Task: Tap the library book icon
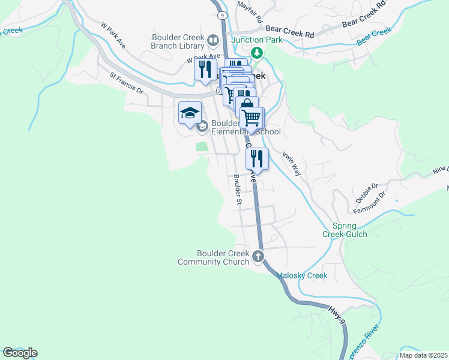pyautogui.click(x=212, y=41)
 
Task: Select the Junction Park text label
pyautogui.click(x=256, y=41)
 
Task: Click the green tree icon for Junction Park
pyautogui.click(x=257, y=53)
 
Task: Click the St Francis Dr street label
pyautogui.click(x=126, y=83)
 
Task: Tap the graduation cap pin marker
pyautogui.click(x=190, y=113)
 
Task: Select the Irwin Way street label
pyautogui.click(x=292, y=161)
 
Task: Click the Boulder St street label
pyautogui.click(x=238, y=190)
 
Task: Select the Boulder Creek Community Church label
pyautogui.click(x=214, y=257)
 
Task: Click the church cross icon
pyautogui.click(x=259, y=257)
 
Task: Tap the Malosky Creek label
pyautogui.click(x=301, y=275)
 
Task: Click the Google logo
pyautogui.click(x=19, y=353)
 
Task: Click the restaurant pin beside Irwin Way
pyautogui.click(x=257, y=159)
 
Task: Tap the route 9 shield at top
pyautogui.click(x=223, y=15)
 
